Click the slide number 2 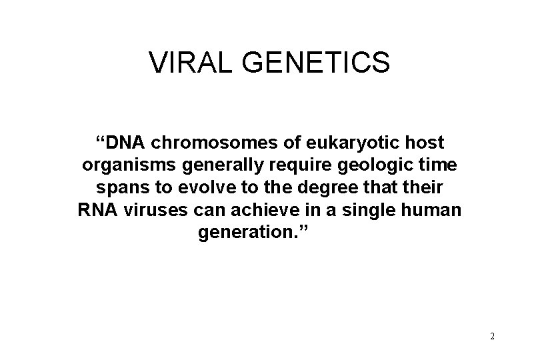tap(492, 336)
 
